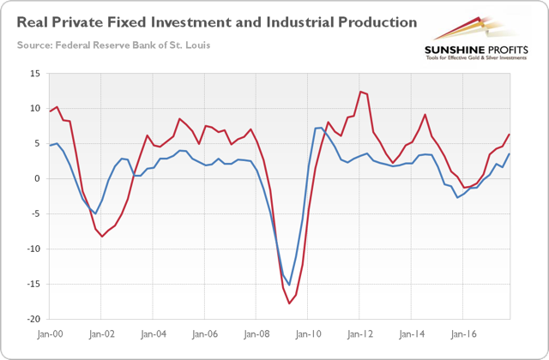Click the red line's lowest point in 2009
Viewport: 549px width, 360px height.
290,303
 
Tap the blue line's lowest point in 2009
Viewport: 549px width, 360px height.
290,284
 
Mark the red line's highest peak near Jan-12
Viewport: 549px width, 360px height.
361,92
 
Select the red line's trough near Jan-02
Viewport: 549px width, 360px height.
102,236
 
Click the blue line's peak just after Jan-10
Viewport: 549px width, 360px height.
319,128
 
